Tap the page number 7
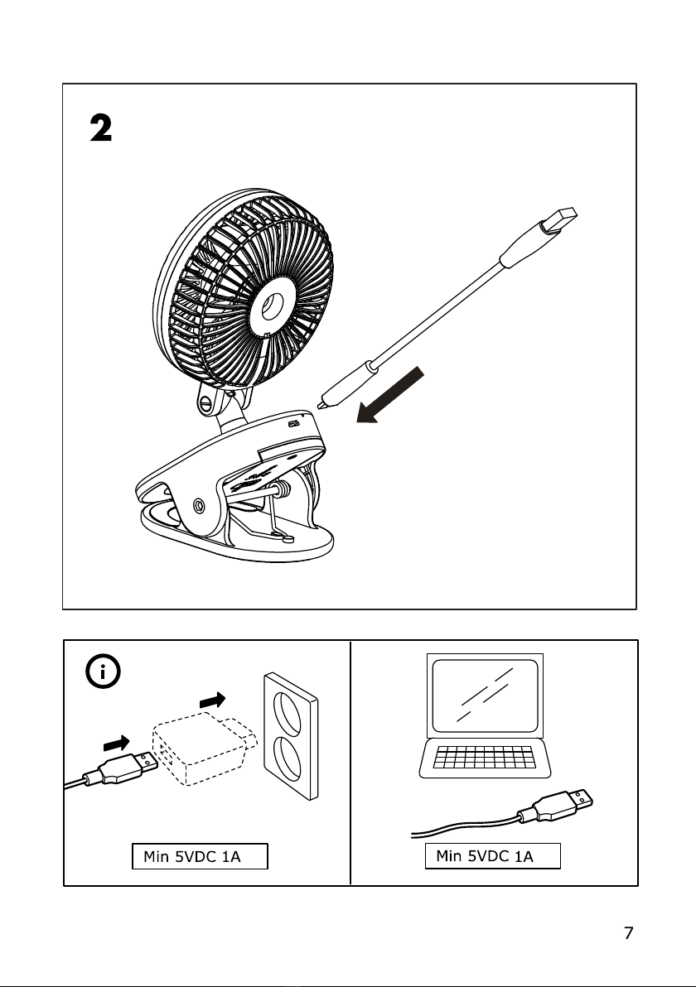(628, 933)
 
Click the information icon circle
(103, 672)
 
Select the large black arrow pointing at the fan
(393, 397)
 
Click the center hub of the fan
(270, 307)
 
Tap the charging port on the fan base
(294, 423)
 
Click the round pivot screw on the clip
(200, 505)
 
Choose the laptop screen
(484, 696)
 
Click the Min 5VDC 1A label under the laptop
(493, 856)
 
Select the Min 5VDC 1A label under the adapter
(200, 856)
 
